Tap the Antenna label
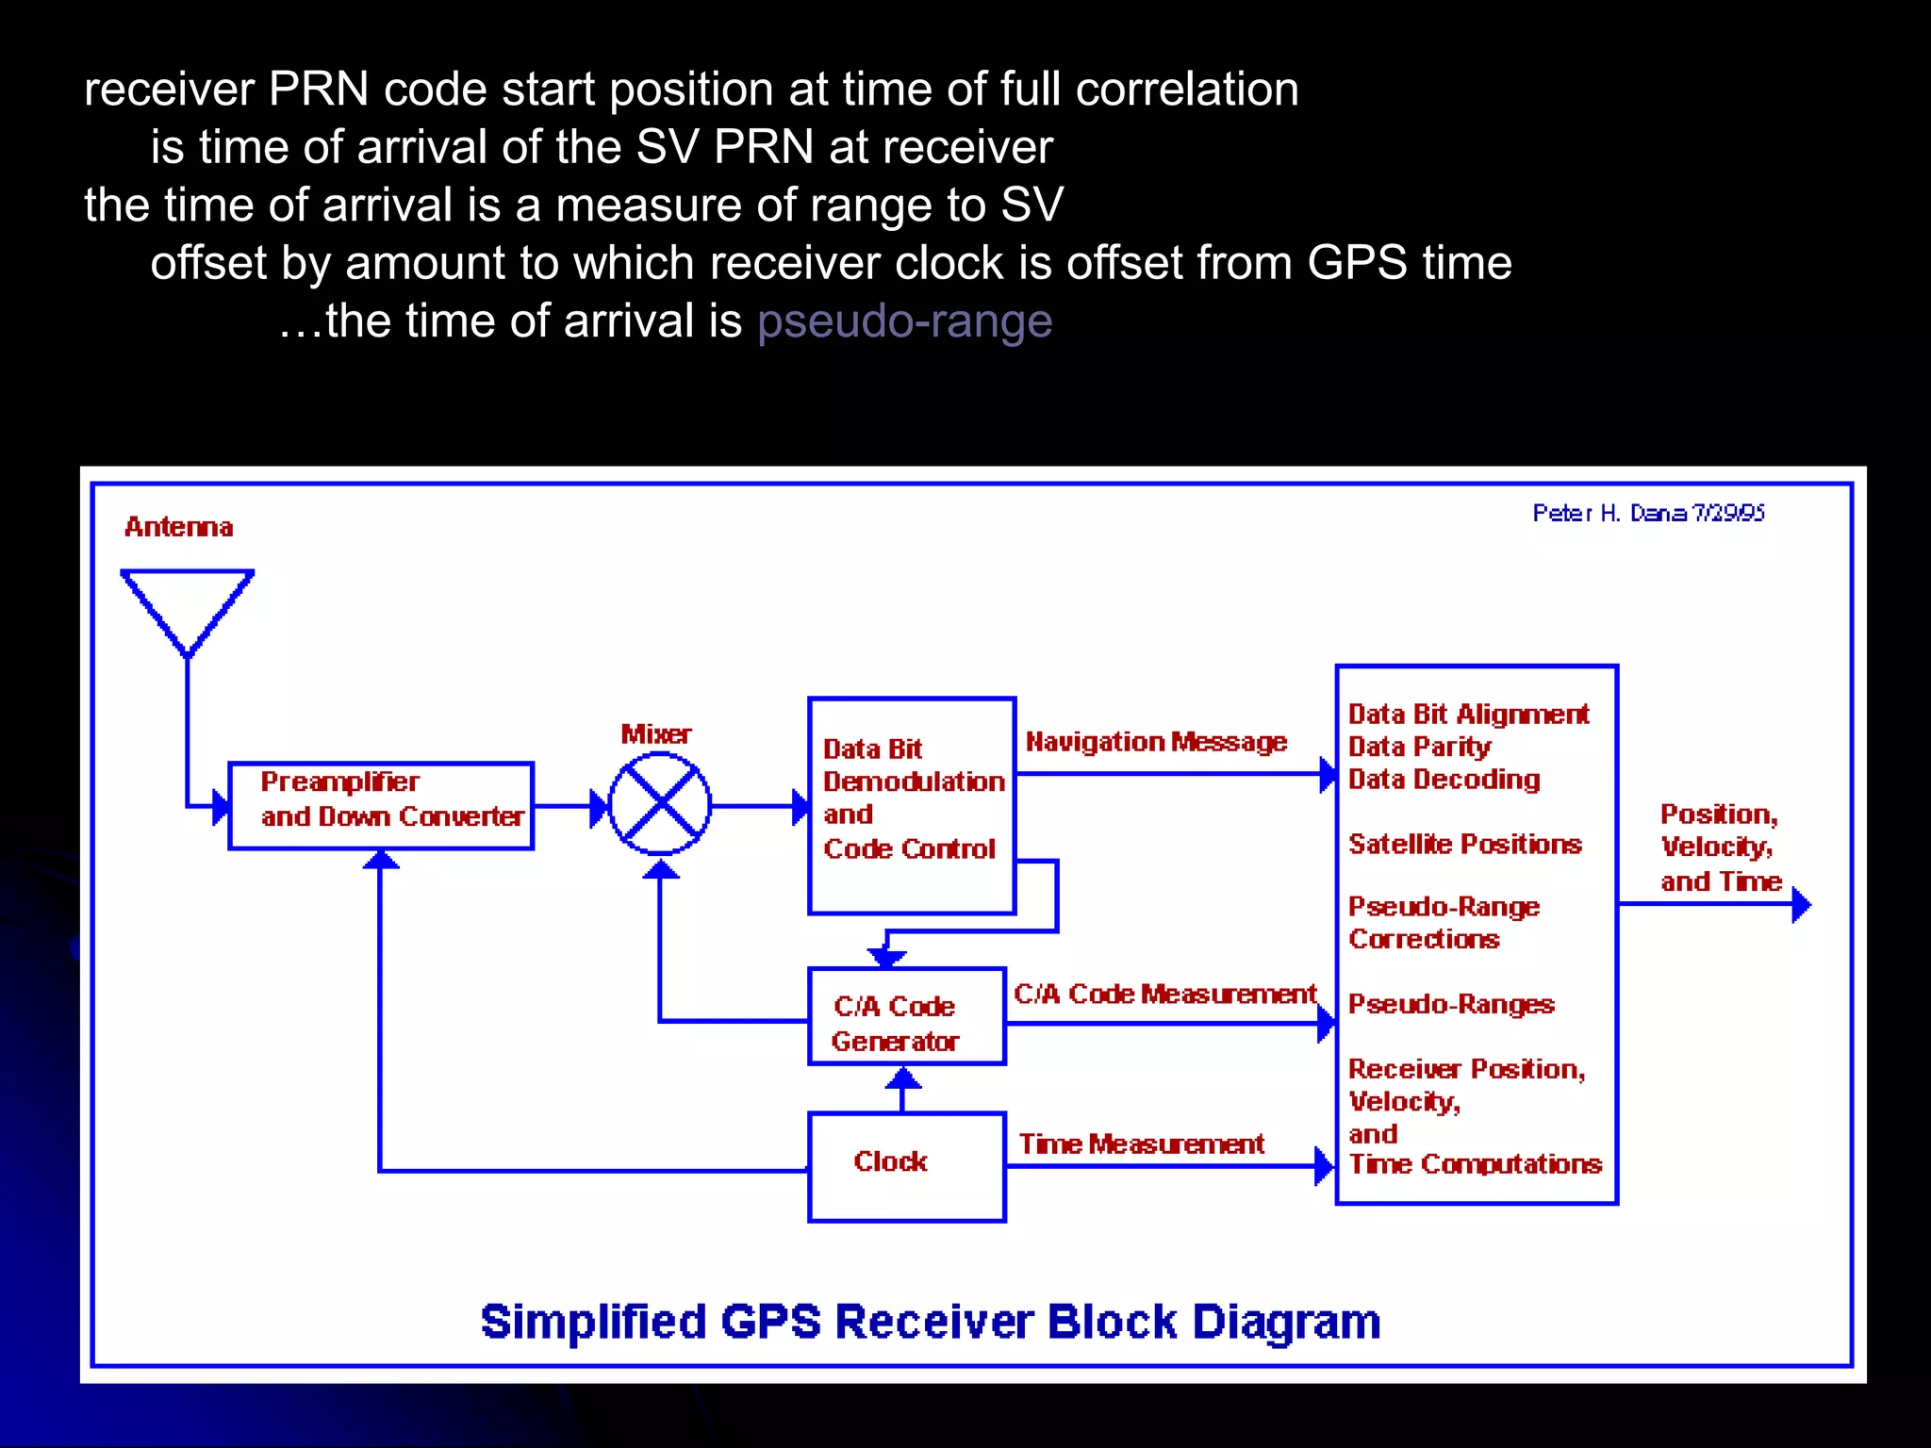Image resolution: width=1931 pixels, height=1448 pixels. coord(178,527)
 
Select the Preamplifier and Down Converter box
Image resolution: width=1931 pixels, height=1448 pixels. coord(382,806)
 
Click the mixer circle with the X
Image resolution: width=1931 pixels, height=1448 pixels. coord(660,805)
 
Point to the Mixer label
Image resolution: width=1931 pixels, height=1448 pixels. coord(655,734)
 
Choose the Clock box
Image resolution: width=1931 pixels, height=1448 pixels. coord(906,1167)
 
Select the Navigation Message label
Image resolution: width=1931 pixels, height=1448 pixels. coord(1156,743)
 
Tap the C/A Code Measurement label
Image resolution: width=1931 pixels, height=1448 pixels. coord(1164,995)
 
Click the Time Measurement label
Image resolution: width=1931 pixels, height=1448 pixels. coord(1141,1144)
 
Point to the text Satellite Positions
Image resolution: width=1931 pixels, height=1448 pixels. coord(1464,844)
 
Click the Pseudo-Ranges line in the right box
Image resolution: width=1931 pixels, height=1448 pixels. coord(1451,1004)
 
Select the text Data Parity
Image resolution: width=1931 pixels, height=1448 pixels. coord(1419,747)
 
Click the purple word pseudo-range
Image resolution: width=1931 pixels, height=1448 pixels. coord(904,321)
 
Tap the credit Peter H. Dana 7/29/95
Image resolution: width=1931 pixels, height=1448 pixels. coord(1647,513)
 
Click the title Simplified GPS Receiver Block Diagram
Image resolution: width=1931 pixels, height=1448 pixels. coord(931,1322)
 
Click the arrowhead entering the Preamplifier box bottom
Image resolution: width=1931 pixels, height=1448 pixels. coord(381,860)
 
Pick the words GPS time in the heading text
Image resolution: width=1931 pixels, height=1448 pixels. coord(1409,263)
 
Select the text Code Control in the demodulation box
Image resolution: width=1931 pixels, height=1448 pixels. coord(909,848)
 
